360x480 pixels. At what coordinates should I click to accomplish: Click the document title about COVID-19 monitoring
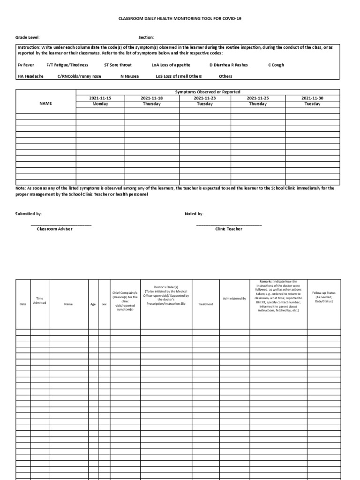click(x=180, y=19)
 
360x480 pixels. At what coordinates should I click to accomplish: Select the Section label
click(x=146, y=37)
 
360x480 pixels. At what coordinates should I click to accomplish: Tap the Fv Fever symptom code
click(x=26, y=65)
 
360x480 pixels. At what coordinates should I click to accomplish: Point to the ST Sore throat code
click(x=118, y=65)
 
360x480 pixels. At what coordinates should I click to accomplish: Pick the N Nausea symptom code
click(x=129, y=76)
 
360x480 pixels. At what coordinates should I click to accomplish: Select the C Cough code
click(x=276, y=65)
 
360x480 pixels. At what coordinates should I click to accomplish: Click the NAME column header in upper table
click(x=45, y=104)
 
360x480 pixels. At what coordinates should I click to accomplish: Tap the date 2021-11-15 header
click(x=100, y=98)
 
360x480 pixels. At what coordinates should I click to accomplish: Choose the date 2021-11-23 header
click(x=205, y=98)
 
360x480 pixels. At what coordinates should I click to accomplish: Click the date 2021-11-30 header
click(x=312, y=98)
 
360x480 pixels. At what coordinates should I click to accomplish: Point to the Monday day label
click(x=100, y=104)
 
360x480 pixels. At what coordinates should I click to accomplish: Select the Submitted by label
click(x=29, y=214)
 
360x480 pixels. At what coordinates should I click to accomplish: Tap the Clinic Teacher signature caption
click(x=229, y=229)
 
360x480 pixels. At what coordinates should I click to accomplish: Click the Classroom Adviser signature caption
click(x=55, y=229)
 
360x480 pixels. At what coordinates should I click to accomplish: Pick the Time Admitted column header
click(x=39, y=300)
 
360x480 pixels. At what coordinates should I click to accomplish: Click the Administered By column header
click(x=234, y=298)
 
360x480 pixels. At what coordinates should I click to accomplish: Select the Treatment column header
click(x=205, y=304)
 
